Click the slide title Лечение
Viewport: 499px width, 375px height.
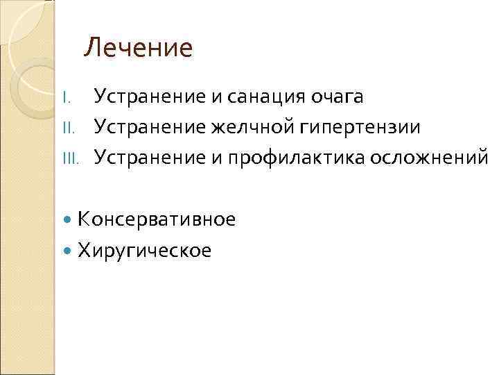(x=138, y=49)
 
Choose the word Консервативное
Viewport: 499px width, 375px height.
(x=157, y=219)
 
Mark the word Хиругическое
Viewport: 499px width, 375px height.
(x=145, y=250)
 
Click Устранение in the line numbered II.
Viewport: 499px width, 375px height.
(x=148, y=127)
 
